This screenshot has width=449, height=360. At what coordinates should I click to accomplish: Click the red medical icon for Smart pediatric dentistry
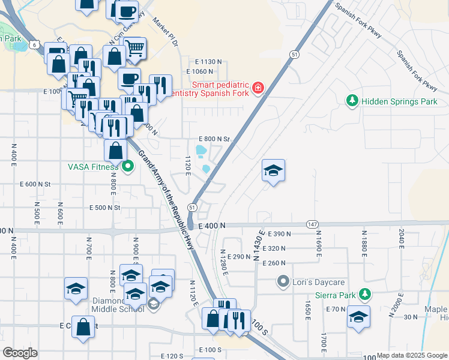[x=258, y=88]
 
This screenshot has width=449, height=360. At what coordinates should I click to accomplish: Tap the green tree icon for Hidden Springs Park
[x=353, y=101]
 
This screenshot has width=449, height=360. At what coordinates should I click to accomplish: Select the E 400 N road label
[x=213, y=225]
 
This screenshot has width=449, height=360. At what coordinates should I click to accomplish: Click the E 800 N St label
[x=214, y=139]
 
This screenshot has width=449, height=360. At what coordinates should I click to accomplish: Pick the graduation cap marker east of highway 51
[x=273, y=171]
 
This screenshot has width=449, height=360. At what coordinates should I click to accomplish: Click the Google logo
[x=20, y=353]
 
